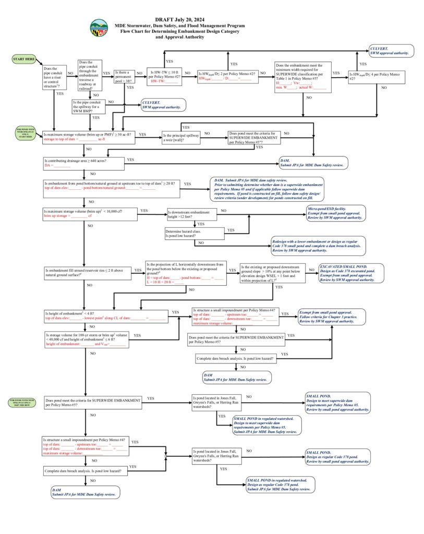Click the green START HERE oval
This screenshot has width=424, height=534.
pyautogui.click(x=23, y=59)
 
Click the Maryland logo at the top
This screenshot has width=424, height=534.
pyautogui.click(x=99, y=27)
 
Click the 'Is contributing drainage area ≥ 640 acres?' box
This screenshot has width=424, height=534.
pyautogui.click(x=83, y=163)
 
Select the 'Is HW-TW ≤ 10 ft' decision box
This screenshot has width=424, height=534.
pyautogui.click(x=165, y=76)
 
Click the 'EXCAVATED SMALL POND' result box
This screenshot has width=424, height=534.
pyautogui.click(x=352, y=273)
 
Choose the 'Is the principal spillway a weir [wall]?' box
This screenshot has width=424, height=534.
pyautogui.click(x=181, y=138)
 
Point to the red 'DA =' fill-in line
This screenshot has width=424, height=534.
pyautogui.click(x=57, y=165)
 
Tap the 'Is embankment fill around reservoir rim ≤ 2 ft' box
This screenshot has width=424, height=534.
pyautogui.click(x=88, y=272)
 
